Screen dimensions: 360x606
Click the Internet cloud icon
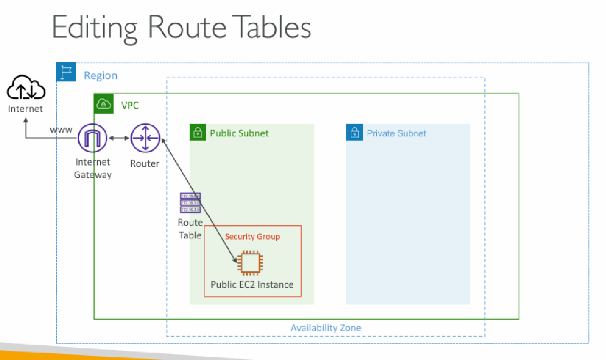pyautogui.click(x=25, y=88)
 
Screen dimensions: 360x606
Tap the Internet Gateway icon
pyautogui.click(x=92, y=139)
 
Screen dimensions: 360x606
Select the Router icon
pyautogui.click(x=145, y=138)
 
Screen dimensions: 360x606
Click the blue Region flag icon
pyautogui.click(x=66, y=71)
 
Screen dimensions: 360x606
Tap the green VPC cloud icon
pyautogui.click(x=104, y=103)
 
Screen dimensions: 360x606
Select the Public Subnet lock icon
pyautogui.click(x=198, y=132)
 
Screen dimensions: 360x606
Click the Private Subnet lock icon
pyautogui.click(x=354, y=132)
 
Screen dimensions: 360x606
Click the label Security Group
pyautogui.click(x=252, y=236)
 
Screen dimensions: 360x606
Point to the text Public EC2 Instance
pyautogui.click(x=252, y=284)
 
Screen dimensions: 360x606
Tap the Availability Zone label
pyautogui.click(x=326, y=328)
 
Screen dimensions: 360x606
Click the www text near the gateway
pyautogui.click(x=61, y=130)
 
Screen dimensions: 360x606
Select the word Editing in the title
pyautogui.click(x=95, y=27)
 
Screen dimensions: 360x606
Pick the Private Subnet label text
pyautogui.click(x=396, y=133)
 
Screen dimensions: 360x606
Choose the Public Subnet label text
pyautogui.click(x=239, y=133)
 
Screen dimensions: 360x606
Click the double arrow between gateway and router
pyautogui.click(x=119, y=139)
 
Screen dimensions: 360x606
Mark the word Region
pyautogui.click(x=100, y=76)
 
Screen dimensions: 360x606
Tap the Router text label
pyautogui.click(x=145, y=163)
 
